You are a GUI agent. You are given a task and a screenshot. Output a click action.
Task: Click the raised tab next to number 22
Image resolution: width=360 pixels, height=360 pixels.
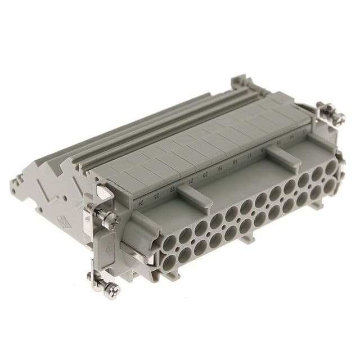tap(193, 194)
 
